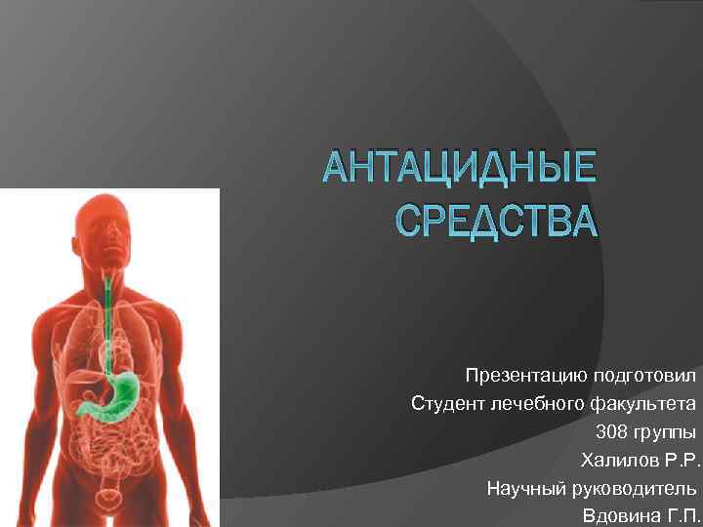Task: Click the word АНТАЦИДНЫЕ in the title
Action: pos(460,169)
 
